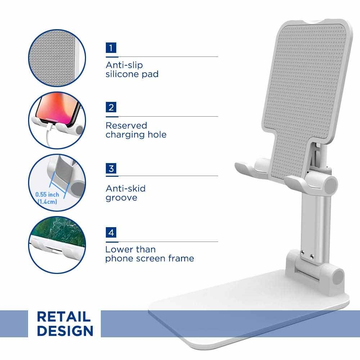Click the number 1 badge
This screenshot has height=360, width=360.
click(111, 48)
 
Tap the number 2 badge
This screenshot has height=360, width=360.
click(111, 107)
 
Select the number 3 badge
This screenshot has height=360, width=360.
click(111, 168)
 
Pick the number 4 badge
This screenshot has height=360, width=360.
click(111, 232)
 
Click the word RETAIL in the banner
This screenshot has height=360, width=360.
click(64, 317)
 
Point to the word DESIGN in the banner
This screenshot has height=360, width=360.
click(65, 330)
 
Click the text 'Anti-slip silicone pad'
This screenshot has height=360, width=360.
click(132, 69)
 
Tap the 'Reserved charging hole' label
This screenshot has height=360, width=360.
click(136, 130)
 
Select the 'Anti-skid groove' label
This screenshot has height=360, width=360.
click(126, 193)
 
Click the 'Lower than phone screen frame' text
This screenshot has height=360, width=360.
click(150, 254)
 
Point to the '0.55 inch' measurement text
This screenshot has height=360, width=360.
click(47, 194)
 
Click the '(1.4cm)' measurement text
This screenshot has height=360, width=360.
click(47, 202)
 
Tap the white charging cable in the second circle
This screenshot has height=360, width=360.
click(49, 135)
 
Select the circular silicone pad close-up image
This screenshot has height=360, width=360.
click(57, 58)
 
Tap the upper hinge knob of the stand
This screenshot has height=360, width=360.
click(330, 185)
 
